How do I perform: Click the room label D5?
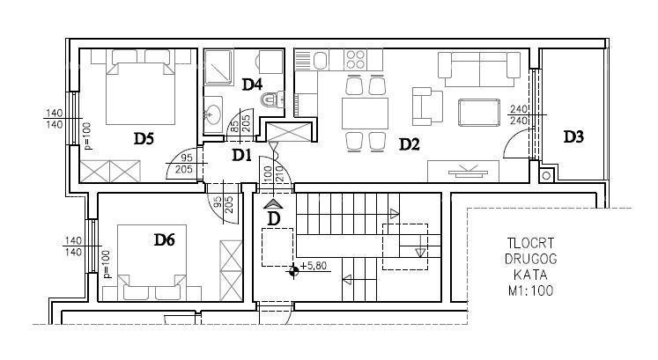(144, 137)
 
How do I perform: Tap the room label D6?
(165, 239)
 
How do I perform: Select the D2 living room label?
(409, 143)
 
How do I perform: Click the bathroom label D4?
(252, 84)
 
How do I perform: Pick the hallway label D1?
(242, 155)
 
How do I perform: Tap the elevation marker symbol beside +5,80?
(292, 270)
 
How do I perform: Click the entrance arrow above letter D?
(272, 202)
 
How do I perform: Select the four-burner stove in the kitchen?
(356, 60)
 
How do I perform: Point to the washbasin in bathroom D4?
(213, 113)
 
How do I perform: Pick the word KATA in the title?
(529, 275)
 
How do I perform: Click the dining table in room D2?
(365, 114)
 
